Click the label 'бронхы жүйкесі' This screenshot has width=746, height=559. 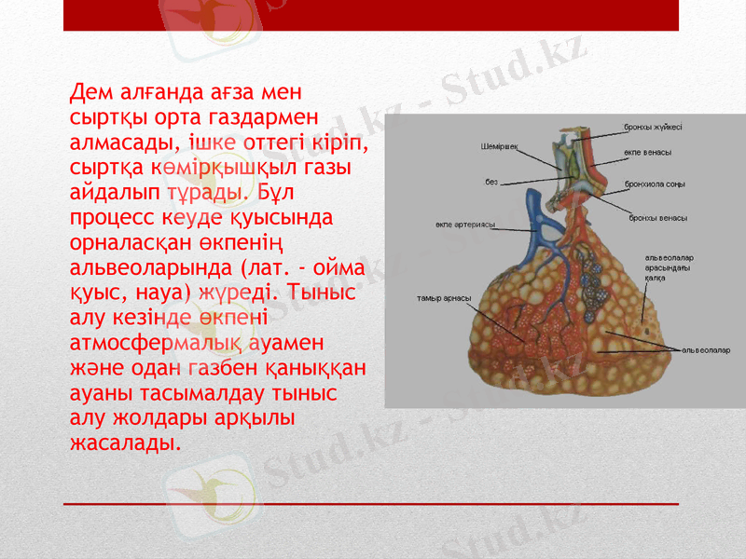(653, 127)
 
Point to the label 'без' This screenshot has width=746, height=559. (490, 181)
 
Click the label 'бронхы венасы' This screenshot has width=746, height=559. (658, 217)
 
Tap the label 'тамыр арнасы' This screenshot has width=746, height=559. (443, 299)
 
